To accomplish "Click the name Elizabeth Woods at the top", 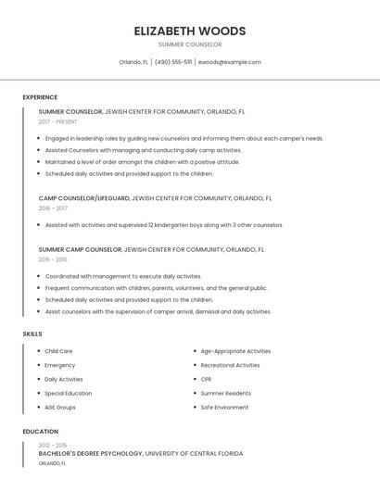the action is tap(190, 30).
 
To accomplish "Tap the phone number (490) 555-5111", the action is tap(173, 62).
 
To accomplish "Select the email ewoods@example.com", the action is tap(230, 62).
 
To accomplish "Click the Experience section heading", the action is tap(40, 97).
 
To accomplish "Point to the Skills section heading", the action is tap(32, 334).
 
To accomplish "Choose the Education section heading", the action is tap(41, 432).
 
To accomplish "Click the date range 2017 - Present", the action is tap(58, 121).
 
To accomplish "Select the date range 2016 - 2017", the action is tap(53, 208).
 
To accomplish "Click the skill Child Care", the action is tap(58, 351).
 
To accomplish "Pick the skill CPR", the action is tap(206, 379).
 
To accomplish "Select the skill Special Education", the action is tap(69, 393).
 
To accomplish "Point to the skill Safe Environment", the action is tap(224, 407).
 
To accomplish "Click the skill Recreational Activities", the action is tap(230, 365).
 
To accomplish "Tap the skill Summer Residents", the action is tap(225, 393).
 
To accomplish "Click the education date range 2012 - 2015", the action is tap(53, 445).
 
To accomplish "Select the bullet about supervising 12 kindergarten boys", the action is tap(163, 225).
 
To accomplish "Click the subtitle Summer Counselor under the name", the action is tap(190, 44).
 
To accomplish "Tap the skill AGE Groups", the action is tap(60, 407).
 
